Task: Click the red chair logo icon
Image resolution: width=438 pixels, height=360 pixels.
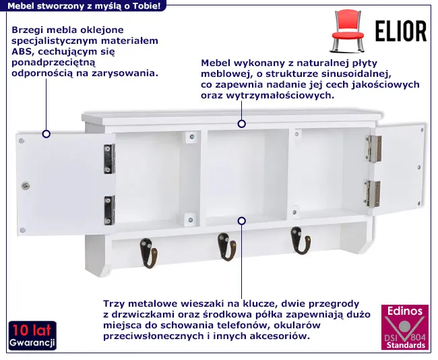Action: pos(348,31)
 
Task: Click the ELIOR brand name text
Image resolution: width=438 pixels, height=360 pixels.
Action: pos(401,31)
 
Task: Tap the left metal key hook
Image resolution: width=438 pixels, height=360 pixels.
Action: pos(149,253)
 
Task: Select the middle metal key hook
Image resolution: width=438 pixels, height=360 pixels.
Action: pos(227,247)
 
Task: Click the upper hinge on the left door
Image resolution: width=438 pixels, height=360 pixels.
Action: pos(109,158)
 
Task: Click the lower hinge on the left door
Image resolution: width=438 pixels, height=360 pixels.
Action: pos(109,210)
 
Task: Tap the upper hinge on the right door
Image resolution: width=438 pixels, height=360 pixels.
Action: pos(373,149)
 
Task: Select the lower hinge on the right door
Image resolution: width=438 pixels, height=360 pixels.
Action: pos(373,193)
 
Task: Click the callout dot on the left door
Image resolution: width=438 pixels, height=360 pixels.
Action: pos(46,134)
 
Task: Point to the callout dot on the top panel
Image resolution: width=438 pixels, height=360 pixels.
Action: pos(242,124)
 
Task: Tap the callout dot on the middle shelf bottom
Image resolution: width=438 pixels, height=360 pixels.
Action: pos(242,221)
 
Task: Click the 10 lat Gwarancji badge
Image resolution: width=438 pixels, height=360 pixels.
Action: pos(32,336)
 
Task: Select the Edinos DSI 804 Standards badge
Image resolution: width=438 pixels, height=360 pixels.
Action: pos(405,327)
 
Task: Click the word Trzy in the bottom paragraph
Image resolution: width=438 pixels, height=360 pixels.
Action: pos(113,304)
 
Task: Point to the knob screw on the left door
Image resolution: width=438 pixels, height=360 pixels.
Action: pos(26,185)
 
